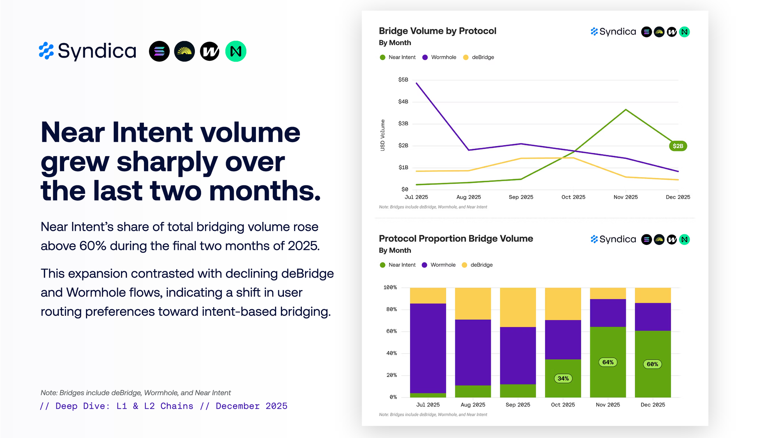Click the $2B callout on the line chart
pos(678,146)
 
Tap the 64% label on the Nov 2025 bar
pos(608,362)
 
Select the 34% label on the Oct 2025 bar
pos(563,378)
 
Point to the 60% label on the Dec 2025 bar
pos(652,364)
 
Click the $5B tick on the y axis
pos(403,80)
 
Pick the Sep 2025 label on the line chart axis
pos(521,197)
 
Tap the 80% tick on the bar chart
pos(391,310)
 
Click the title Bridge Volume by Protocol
pos(437,31)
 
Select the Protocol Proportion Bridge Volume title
pos(456,238)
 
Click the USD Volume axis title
pos(382,135)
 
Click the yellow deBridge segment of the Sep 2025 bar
pos(518,307)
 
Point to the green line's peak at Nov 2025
pos(626,110)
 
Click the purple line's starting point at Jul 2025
pos(417,83)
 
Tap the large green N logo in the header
pos(236,51)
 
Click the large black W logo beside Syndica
pos(210,51)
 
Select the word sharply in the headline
pos(167,162)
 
